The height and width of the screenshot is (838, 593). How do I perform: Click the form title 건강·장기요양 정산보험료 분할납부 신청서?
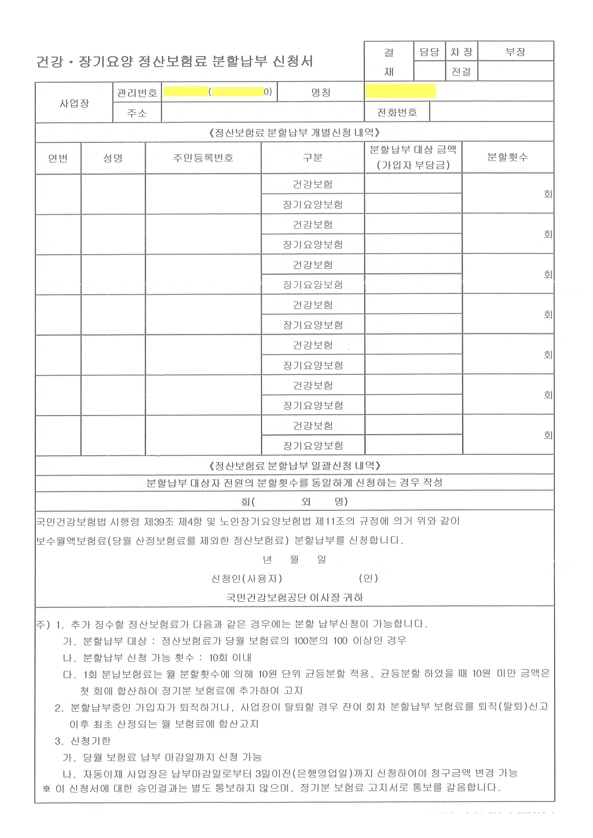174,61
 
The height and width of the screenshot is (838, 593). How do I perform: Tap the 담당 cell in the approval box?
429,52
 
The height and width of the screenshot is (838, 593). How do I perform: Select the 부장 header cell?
515,52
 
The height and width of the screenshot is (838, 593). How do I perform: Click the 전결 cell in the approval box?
462,72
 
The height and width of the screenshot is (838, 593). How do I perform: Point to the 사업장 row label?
74,103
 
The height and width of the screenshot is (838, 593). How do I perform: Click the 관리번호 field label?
137,93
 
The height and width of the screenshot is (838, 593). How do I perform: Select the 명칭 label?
321,93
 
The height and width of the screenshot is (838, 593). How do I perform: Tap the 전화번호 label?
397,112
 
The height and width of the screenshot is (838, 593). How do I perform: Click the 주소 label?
137,113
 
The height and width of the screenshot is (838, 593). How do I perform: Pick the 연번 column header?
58,158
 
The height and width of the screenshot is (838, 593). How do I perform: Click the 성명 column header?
113,158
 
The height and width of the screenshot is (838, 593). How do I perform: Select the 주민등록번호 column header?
203,158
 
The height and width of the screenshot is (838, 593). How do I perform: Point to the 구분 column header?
313,158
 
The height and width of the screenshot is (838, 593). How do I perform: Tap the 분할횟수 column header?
508,157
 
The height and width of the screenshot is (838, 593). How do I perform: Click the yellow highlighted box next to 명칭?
401,91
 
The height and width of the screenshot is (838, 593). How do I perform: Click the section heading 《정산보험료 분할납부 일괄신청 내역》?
294,465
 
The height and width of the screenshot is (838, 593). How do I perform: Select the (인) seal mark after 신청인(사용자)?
368,578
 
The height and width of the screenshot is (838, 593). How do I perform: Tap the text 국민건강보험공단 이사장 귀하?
295,597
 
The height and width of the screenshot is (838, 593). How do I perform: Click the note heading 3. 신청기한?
83,741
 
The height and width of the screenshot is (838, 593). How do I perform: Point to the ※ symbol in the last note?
46,788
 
